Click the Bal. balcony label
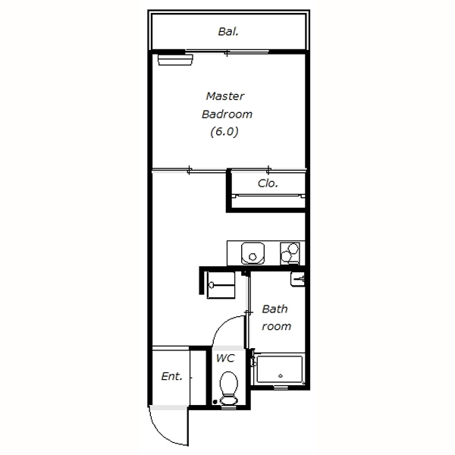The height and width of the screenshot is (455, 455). pyautogui.click(x=228, y=32)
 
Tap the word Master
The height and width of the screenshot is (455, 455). pyautogui.click(x=225, y=96)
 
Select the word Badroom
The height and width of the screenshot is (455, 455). pyautogui.click(x=227, y=114)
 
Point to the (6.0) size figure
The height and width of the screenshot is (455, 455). pyautogui.click(x=224, y=131)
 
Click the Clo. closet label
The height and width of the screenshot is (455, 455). pyautogui.click(x=268, y=183)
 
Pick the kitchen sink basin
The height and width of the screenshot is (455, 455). pyautogui.click(x=253, y=253)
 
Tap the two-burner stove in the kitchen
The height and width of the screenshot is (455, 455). pyautogui.click(x=290, y=253)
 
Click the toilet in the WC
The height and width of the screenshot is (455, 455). pyautogui.click(x=229, y=388)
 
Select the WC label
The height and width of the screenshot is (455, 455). pyautogui.click(x=225, y=358)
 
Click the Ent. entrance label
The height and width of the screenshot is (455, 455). pyautogui.click(x=171, y=376)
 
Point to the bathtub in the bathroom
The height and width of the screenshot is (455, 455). pyautogui.click(x=279, y=369)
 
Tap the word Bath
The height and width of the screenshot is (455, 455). pyautogui.click(x=275, y=309)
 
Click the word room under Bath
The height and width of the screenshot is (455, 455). pyautogui.click(x=276, y=326)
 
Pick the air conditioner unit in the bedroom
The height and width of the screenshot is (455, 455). pyautogui.click(x=175, y=60)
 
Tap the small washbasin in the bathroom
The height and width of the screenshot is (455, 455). pyautogui.click(x=297, y=279)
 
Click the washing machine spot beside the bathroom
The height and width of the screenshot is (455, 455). pyautogui.click(x=221, y=285)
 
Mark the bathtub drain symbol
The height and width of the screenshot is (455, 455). pyautogui.click(x=281, y=376)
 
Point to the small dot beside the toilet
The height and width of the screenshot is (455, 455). pyautogui.click(x=215, y=402)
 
